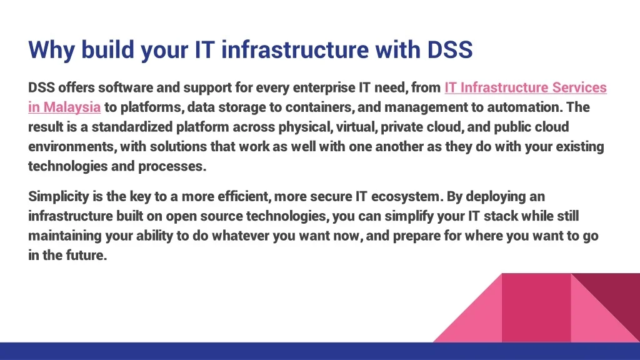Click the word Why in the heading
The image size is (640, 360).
click(x=51, y=49)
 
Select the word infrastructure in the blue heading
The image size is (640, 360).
click(x=295, y=49)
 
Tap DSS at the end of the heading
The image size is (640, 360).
click(x=450, y=49)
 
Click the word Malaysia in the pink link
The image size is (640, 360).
click(x=72, y=107)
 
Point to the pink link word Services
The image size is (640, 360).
click(x=579, y=87)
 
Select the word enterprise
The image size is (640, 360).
click(x=324, y=87)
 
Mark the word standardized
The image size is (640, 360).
click(x=132, y=126)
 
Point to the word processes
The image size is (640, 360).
click(x=172, y=166)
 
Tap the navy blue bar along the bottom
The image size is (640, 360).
click(x=320, y=351)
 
